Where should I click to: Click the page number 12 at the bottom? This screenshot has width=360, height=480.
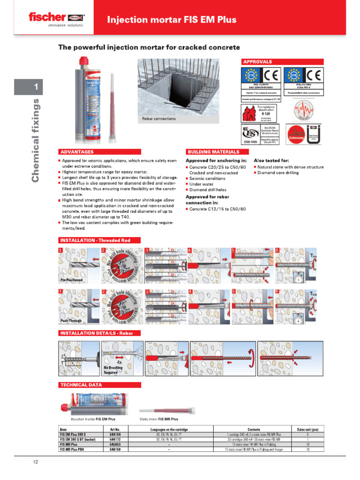pyautogui.click(x=35, y=462)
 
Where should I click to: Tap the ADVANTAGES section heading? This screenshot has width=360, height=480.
pyautogui.click(x=77, y=152)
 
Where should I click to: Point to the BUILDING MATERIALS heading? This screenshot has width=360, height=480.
pyautogui.click(x=213, y=152)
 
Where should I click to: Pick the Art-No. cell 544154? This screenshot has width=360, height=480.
pyautogui.click(x=115, y=434)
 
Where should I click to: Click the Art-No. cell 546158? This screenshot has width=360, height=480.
pyautogui.click(x=115, y=449)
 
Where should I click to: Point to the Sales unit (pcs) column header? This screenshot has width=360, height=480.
pyautogui.click(x=307, y=429)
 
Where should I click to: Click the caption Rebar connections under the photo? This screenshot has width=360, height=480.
pyautogui.click(x=159, y=119)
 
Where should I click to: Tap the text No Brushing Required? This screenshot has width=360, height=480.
pyautogui.click(x=113, y=370)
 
